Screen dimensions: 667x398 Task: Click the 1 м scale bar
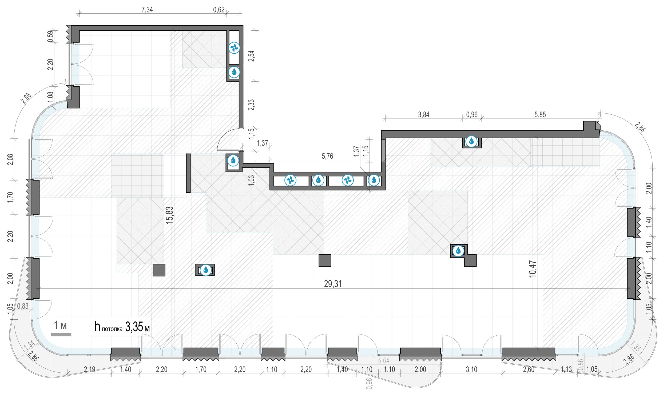pos(61,335)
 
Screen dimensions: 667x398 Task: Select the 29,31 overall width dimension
pos(333,284)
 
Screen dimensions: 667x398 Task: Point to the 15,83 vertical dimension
pos(170,215)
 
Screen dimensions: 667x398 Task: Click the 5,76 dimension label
pos(327,156)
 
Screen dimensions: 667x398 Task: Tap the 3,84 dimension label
pos(424,115)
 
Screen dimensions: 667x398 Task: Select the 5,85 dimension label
pos(540,115)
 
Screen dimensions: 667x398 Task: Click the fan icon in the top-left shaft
pos(234,48)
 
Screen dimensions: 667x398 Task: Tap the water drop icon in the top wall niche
pos(471,141)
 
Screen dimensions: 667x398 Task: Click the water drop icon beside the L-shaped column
pos(458,251)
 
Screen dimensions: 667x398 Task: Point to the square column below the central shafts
pos(325,260)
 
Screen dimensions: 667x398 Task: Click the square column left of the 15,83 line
pos(159,270)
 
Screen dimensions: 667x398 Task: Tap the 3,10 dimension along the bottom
pos(471,369)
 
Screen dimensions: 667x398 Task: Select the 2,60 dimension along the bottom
pos(529,369)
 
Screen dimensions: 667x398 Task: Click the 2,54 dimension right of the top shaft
pos(252,56)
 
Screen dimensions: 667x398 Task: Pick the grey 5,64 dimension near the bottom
pos(384,361)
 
